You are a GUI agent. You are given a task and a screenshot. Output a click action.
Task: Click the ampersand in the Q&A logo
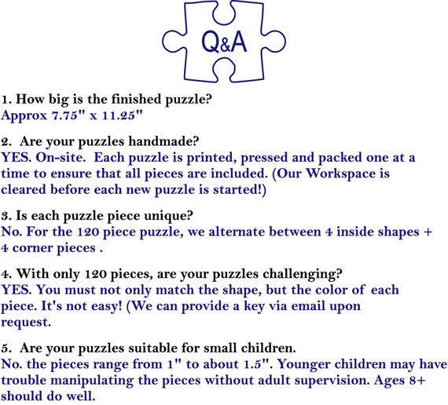click(x=225, y=46)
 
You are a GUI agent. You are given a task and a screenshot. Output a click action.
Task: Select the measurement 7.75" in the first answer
click(x=65, y=115)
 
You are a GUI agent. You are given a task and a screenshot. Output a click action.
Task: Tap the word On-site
click(x=61, y=157)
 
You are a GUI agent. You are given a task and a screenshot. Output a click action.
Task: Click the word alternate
click(x=239, y=232)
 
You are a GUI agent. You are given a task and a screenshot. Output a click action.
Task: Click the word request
click(x=26, y=323)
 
